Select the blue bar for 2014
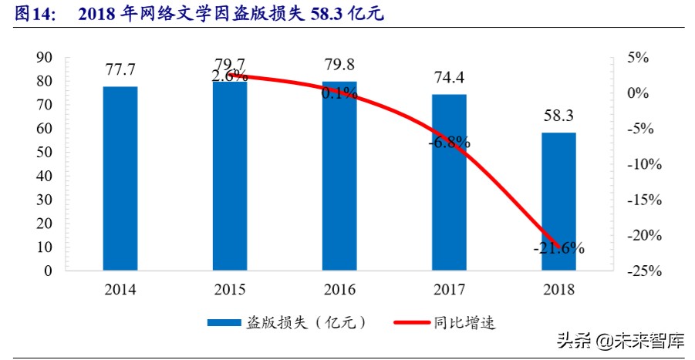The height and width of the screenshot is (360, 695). (x=120, y=179)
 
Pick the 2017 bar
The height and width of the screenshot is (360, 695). (x=449, y=183)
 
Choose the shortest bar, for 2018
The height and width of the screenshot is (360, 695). (x=558, y=202)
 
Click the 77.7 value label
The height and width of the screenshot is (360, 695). (x=120, y=71)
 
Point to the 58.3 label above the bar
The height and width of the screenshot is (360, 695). (x=558, y=117)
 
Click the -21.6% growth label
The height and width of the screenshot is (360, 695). (x=558, y=248)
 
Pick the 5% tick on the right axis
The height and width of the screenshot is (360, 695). (x=638, y=58)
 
